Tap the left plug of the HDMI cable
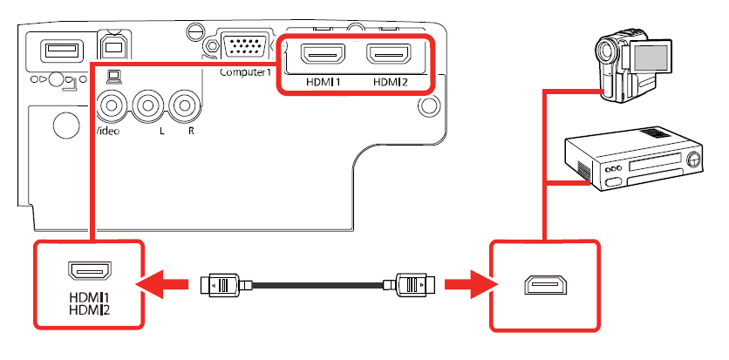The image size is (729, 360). click(223, 284)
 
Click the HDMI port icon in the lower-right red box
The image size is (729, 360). click(544, 285)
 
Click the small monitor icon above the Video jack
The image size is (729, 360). click(112, 78)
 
